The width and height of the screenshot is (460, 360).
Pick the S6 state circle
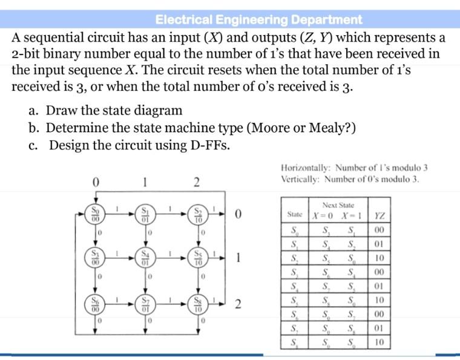coord(95,304)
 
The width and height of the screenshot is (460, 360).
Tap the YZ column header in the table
coord(379,215)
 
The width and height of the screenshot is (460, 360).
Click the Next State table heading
coord(338,205)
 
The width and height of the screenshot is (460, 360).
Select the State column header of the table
coord(295,215)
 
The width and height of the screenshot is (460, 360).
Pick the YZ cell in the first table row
coord(379,230)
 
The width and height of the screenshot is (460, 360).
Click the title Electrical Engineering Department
coord(258,19)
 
